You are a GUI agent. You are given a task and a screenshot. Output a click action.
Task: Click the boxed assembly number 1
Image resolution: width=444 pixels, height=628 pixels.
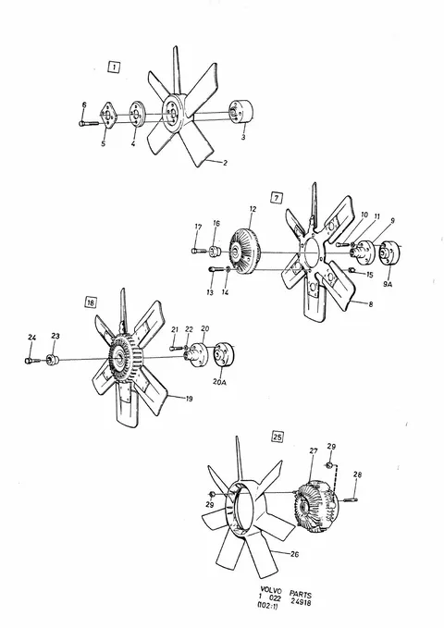point(114,67)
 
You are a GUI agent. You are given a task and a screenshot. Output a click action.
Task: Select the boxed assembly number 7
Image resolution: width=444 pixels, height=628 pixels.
point(277,197)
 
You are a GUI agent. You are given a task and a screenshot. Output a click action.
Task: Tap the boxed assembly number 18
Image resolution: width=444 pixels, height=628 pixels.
point(91,302)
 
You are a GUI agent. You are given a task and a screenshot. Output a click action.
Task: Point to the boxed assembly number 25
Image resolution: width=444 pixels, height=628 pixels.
point(277,437)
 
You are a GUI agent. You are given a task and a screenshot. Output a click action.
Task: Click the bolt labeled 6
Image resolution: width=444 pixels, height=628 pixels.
point(89,123)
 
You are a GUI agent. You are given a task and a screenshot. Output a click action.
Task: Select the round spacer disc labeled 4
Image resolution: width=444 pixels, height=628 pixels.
point(136,115)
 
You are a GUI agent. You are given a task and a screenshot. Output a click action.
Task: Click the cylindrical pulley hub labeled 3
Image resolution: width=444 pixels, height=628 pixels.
point(240,113)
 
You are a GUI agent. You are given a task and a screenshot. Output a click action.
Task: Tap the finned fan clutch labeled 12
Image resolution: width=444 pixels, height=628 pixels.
point(244,252)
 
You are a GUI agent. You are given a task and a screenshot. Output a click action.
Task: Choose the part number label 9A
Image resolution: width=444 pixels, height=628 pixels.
point(388,285)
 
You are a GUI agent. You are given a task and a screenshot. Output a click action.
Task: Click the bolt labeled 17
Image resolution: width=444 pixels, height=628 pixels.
point(198,251)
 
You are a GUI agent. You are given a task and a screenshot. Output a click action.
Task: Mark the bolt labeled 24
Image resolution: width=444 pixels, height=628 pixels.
point(32,361)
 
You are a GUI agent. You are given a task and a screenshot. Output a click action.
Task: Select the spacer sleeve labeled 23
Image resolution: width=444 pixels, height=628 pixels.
point(53,359)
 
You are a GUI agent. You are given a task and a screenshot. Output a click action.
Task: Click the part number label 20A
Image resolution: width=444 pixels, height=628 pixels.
point(219,382)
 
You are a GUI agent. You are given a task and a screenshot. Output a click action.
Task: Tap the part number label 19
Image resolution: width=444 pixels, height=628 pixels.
point(189,399)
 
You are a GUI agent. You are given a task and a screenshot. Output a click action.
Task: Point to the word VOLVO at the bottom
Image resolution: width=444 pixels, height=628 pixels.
point(271,590)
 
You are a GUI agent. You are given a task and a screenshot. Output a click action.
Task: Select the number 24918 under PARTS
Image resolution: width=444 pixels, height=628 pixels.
point(301,602)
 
